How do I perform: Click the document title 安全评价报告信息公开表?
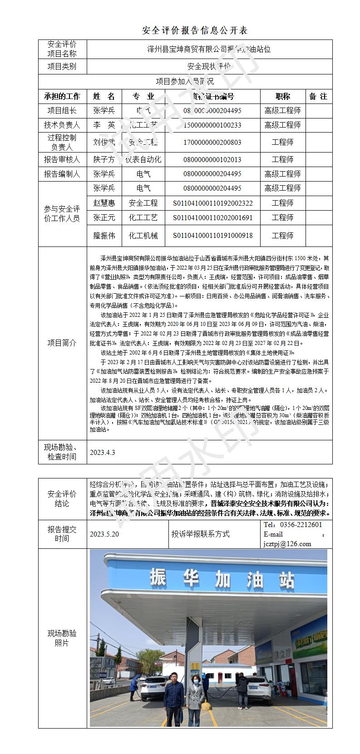tap(195, 31)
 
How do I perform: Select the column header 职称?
tap(282, 96)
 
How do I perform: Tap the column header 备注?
tap(318, 96)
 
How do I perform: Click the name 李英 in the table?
tap(104, 125)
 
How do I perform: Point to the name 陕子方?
tap(104, 159)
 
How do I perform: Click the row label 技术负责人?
tap(62, 125)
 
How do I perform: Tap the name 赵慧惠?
tap(104, 203)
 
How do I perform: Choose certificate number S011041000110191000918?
tap(212, 236)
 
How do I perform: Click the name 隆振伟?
tap(104, 236)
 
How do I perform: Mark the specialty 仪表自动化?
tap(143, 159)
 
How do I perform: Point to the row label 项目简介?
tap(62, 343)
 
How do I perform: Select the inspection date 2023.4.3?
tap(102, 452)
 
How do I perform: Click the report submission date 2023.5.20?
tap(104, 534)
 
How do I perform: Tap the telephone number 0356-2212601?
tap(301, 525)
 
